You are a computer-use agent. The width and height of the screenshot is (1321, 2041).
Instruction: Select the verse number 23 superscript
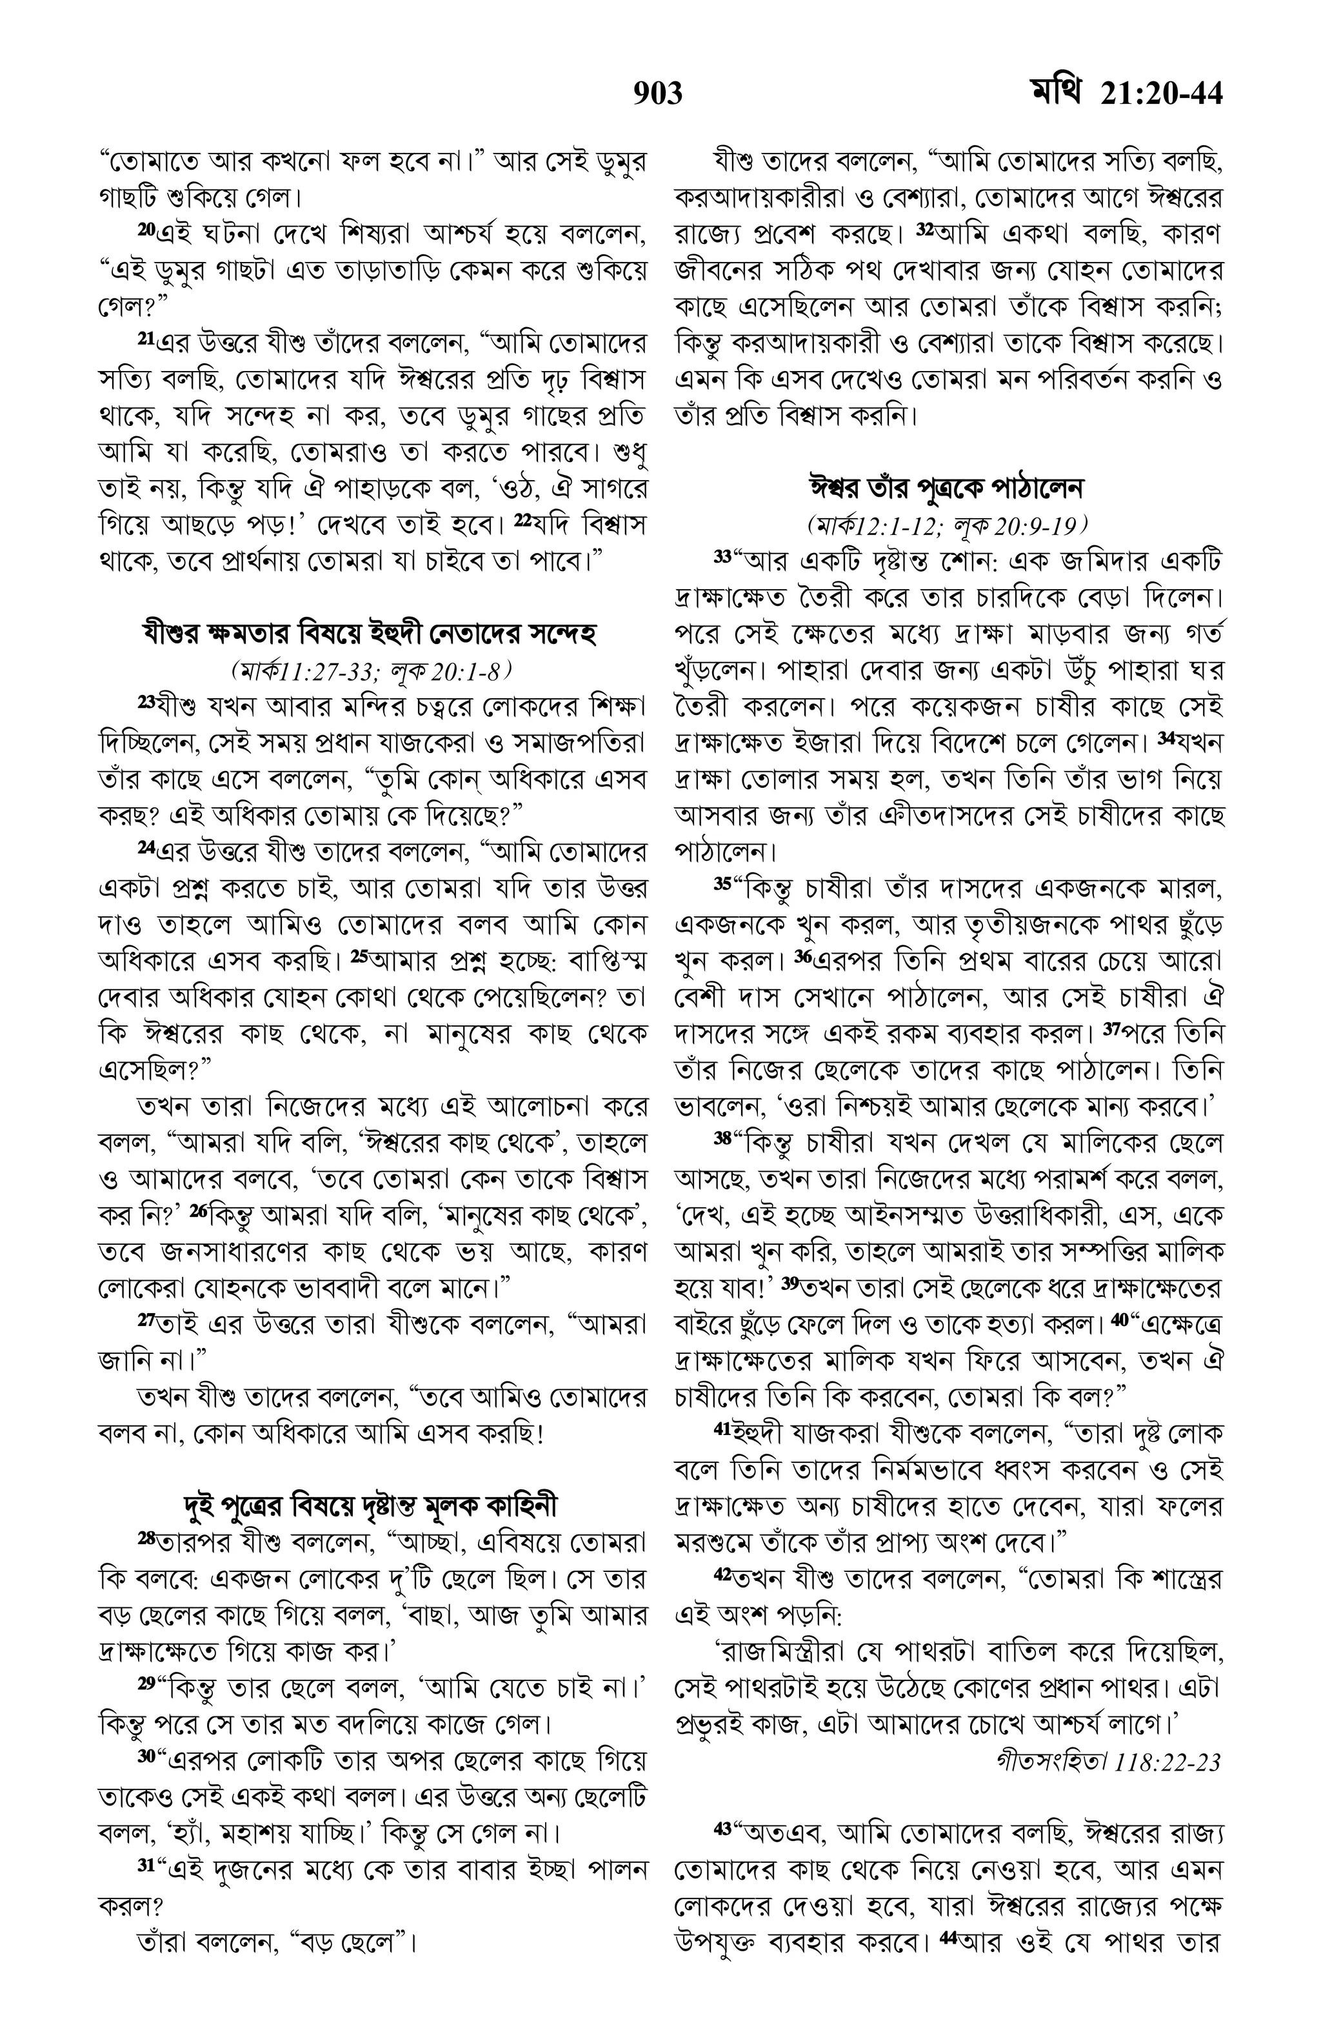coord(146,701)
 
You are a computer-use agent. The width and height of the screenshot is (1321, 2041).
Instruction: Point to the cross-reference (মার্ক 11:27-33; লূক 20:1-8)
coord(370,668)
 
